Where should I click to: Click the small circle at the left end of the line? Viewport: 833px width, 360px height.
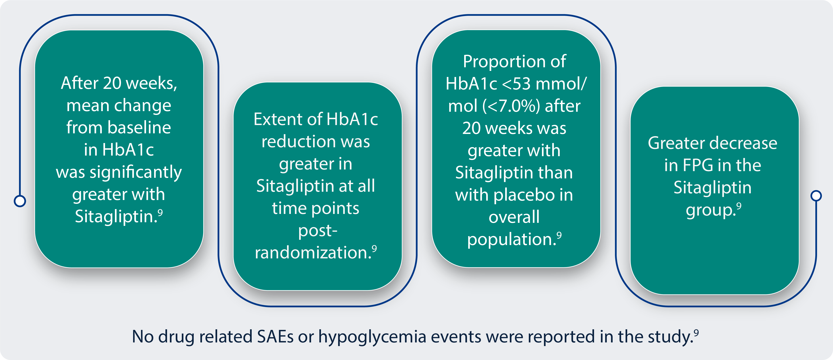coord(20,201)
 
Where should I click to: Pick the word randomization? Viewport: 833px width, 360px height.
coord(313,253)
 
